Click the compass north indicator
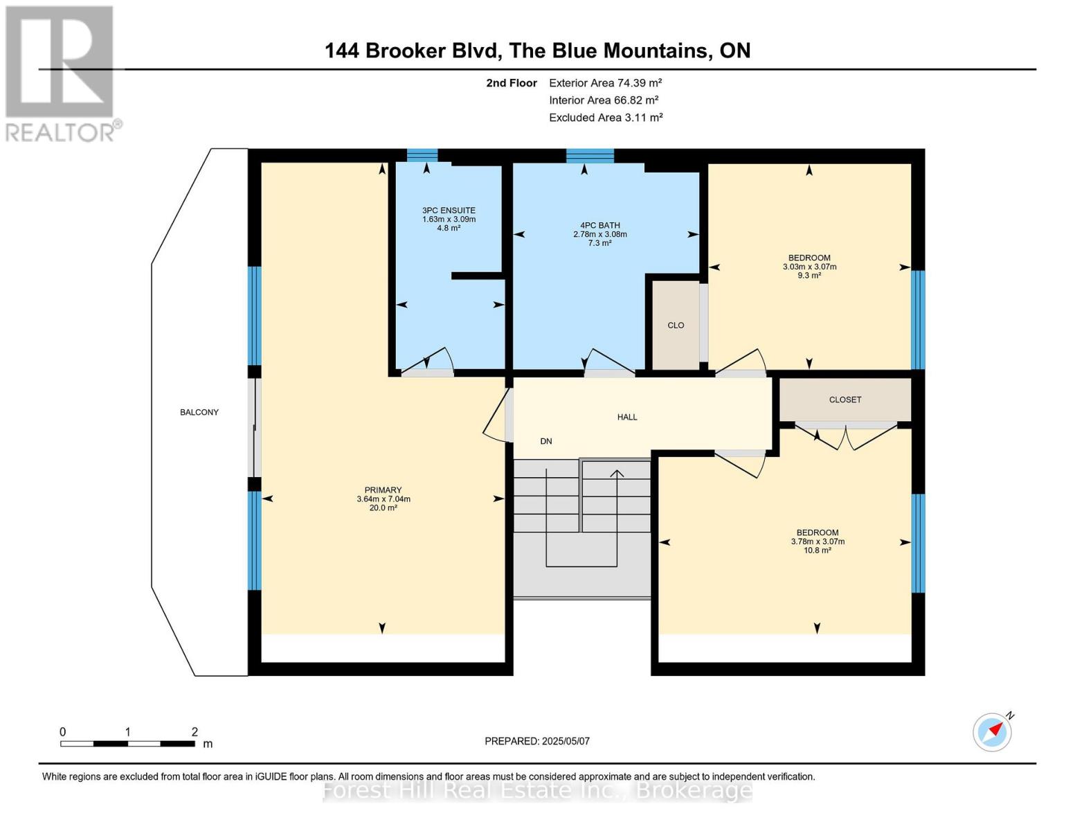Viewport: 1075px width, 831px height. pos(993,732)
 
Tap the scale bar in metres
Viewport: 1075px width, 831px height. pos(127,743)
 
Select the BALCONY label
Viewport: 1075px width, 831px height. pos(199,412)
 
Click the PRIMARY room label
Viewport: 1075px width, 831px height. pos(383,490)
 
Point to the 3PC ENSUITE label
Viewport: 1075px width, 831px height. pos(449,211)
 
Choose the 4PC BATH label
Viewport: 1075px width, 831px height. pos(599,225)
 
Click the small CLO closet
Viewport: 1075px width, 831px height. pos(676,325)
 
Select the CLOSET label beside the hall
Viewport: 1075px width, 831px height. pos(844,400)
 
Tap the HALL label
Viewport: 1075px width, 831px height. pos(627,417)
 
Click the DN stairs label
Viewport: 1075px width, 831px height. pos(546,441)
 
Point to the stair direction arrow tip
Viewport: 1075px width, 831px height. pos(616,472)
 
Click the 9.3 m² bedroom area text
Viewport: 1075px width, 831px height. pos(809,276)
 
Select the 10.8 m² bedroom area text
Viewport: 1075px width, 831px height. pos(817,551)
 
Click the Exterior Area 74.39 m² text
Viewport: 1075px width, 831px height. pos(605,82)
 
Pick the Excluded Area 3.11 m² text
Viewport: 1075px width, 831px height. pos(606,118)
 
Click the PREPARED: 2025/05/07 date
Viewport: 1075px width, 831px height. pos(537,741)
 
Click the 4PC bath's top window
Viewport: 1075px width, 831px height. pos(590,155)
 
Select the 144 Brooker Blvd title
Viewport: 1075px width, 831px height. pos(537,51)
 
